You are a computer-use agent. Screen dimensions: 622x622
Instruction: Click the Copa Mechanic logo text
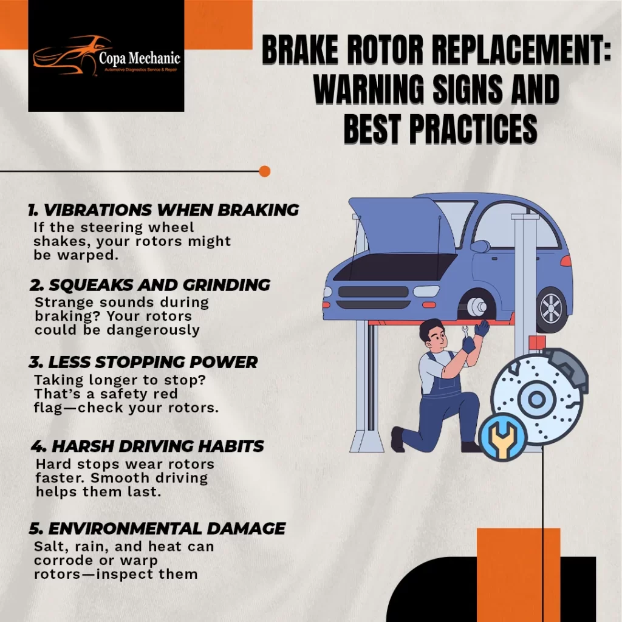coord(140,58)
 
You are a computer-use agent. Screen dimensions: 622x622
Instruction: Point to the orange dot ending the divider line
coord(265,171)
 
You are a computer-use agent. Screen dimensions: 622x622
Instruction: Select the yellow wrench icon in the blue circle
coord(502,437)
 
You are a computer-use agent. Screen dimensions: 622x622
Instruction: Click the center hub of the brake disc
coord(536,398)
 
